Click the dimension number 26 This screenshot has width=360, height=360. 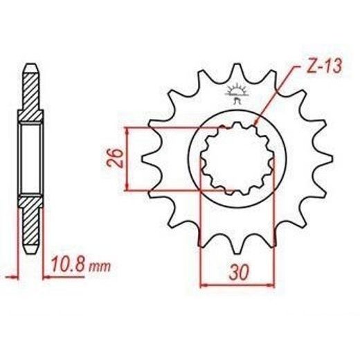coord(114,158)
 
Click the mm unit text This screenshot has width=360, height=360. coord(100,267)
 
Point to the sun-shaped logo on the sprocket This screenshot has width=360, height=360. coord(236,94)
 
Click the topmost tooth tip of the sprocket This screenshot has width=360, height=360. coord(237,64)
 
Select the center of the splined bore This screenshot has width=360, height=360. coord(237,159)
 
